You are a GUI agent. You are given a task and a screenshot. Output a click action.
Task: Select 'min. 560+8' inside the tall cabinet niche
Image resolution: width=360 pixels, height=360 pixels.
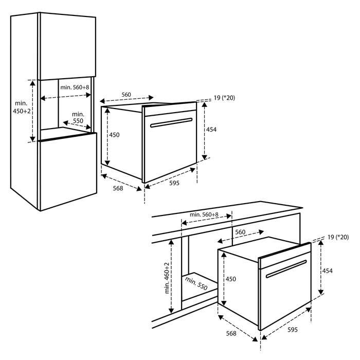pyautogui.click(x=75, y=87)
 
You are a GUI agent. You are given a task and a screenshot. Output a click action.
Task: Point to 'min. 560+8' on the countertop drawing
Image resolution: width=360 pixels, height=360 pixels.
pyautogui.click(x=204, y=214)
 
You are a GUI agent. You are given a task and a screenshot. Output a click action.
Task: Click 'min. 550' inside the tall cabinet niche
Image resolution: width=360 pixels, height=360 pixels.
pyautogui.click(x=78, y=117)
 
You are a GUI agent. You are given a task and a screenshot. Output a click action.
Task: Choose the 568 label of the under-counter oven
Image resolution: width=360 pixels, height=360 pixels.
pyautogui.click(x=231, y=334)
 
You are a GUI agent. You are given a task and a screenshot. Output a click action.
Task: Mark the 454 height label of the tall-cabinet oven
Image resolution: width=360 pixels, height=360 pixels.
pyautogui.click(x=211, y=130)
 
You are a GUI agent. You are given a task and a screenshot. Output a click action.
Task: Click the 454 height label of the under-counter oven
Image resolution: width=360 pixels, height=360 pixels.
pyautogui.click(x=327, y=270)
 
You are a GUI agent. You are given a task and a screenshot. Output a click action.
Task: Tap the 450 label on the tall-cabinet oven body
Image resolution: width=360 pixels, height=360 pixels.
pyautogui.click(x=114, y=135)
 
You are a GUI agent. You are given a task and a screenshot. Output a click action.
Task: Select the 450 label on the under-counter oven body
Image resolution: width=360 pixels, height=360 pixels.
pyautogui.click(x=230, y=279)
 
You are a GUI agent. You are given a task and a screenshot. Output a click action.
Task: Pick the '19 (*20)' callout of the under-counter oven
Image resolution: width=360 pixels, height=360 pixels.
pyautogui.click(x=338, y=237)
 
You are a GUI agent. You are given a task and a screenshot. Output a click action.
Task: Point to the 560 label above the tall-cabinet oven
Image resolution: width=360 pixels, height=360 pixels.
pyautogui.click(x=126, y=94)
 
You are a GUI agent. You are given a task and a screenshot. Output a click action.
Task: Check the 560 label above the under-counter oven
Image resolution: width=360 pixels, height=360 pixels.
pyautogui.click(x=240, y=232)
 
